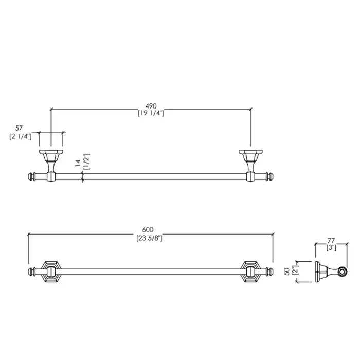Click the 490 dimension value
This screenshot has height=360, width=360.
coord(151,106)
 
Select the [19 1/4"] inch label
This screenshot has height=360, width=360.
coord(151,113)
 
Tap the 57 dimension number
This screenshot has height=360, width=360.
coord(19,128)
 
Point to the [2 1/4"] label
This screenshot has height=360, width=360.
coord(20,136)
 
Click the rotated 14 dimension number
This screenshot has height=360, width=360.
coord(78,163)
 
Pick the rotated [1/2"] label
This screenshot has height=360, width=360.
coord(87,161)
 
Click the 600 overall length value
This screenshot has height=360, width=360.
coord(148,230)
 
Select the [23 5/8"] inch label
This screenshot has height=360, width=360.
coord(149,238)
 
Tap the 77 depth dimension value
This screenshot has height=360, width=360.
coord(331,241)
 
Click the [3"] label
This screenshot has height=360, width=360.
coord(331,248)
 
